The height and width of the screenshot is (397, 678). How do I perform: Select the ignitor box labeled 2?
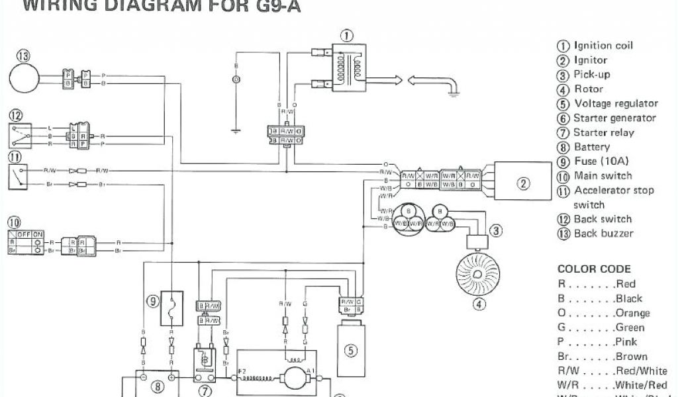pyautogui.click(x=524, y=183)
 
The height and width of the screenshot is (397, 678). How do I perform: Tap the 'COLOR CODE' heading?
pyautogui.click(x=594, y=269)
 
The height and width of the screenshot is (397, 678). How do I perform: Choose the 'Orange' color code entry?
pyautogui.click(x=603, y=312)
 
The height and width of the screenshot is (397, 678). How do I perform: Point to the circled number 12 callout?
pyautogui.click(x=15, y=114)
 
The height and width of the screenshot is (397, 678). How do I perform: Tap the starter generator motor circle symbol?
pyautogui.click(x=293, y=378)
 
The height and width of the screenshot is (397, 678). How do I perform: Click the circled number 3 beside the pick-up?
pyautogui.click(x=495, y=230)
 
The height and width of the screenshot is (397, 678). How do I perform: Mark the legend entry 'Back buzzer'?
pyautogui.click(x=603, y=233)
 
